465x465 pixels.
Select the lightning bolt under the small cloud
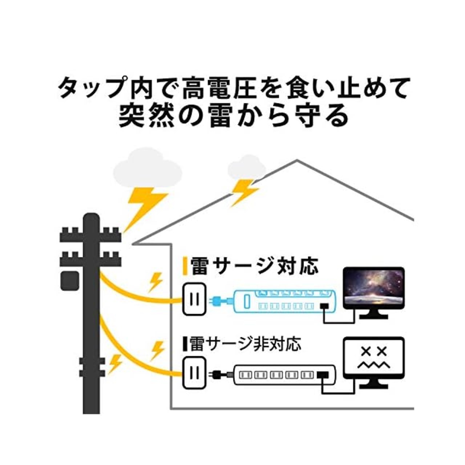coord(244,191)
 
